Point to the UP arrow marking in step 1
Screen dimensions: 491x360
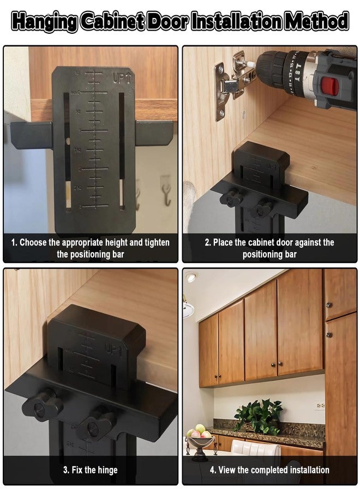[x=122, y=78]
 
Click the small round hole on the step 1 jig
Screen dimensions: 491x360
[x=69, y=141]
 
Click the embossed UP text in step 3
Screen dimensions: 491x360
[x=114, y=352]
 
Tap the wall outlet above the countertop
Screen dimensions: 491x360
[x=320, y=406]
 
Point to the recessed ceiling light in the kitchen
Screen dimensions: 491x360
[x=190, y=278]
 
